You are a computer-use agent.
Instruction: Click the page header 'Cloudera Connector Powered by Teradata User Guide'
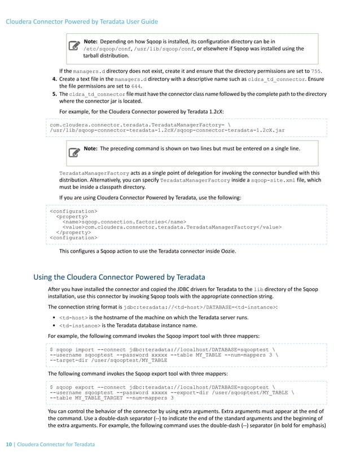(x=81, y=22)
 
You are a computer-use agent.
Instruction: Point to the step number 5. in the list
(x=54, y=94)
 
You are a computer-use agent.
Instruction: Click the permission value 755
(x=317, y=72)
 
